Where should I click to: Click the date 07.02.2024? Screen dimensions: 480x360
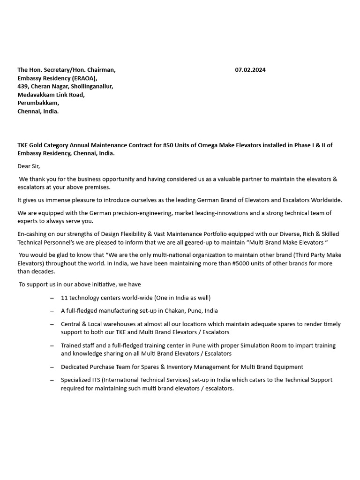[250, 70]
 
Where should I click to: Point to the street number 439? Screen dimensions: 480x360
[23, 86]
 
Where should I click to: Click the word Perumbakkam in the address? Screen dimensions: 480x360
[38, 103]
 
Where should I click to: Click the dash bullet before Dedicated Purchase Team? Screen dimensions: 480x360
[51, 367]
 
